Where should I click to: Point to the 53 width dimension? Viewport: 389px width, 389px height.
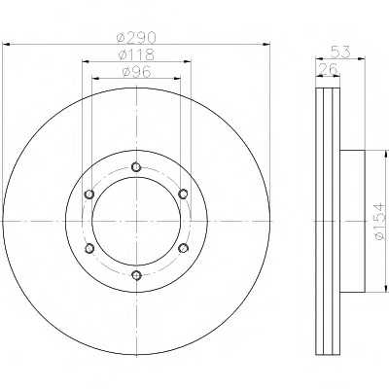[x=340, y=51]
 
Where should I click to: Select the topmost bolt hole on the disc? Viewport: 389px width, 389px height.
[x=136, y=166]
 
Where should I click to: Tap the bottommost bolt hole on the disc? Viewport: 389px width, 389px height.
[x=136, y=276]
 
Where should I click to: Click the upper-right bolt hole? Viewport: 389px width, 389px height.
[x=183, y=194]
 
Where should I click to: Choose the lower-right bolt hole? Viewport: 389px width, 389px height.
[x=183, y=249]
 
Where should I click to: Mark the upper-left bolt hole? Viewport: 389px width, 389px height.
[x=88, y=194]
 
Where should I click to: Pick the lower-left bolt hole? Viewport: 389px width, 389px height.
[x=88, y=249]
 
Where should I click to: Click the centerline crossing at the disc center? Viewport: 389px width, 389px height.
[x=136, y=222]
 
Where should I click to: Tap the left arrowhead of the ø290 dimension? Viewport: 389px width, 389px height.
[x=7, y=45]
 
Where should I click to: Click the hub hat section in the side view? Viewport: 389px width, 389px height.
[x=352, y=222]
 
